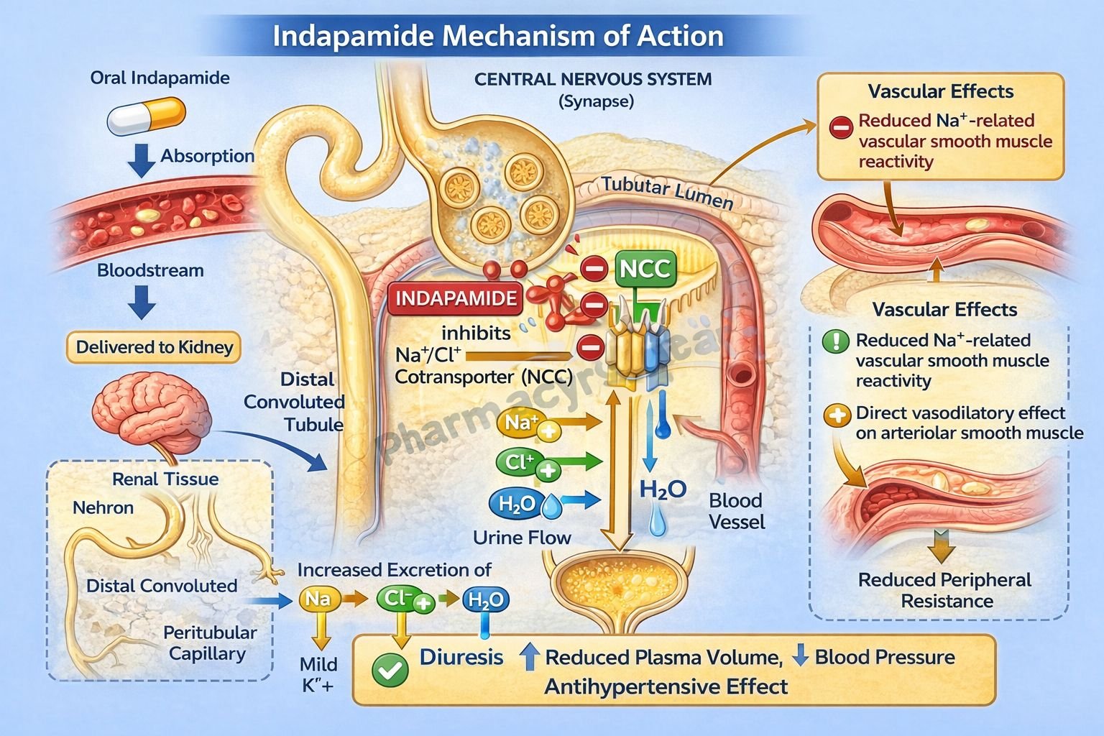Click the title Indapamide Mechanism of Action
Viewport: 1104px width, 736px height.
pyautogui.click(x=497, y=36)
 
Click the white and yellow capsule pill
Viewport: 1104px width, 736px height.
pyautogui.click(x=147, y=117)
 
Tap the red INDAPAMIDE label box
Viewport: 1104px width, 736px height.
pyautogui.click(x=456, y=298)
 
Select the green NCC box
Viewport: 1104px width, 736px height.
pyautogui.click(x=645, y=269)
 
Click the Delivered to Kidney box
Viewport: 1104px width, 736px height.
pyautogui.click(x=155, y=347)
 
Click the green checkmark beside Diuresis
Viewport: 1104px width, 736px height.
pyautogui.click(x=390, y=670)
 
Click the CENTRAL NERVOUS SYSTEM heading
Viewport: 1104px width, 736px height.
pyautogui.click(x=593, y=79)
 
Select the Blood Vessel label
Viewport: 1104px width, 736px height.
pyautogui.click(x=736, y=511)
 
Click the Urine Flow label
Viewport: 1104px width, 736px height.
pyautogui.click(x=522, y=538)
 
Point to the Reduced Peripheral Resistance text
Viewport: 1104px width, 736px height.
pyautogui.click(x=944, y=590)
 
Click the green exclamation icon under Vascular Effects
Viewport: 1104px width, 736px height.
pyautogui.click(x=835, y=341)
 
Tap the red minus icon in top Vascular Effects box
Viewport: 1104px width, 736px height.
pyautogui.click(x=840, y=127)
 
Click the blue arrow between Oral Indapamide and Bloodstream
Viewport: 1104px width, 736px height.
pyautogui.click(x=141, y=160)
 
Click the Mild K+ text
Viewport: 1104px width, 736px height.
pyautogui.click(x=318, y=674)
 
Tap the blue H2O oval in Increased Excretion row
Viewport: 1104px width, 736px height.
pyautogui.click(x=486, y=599)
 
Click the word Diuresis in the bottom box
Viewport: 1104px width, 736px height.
pyautogui.click(x=461, y=657)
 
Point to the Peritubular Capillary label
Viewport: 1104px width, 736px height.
pyautogui.click(x=209, y=643)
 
